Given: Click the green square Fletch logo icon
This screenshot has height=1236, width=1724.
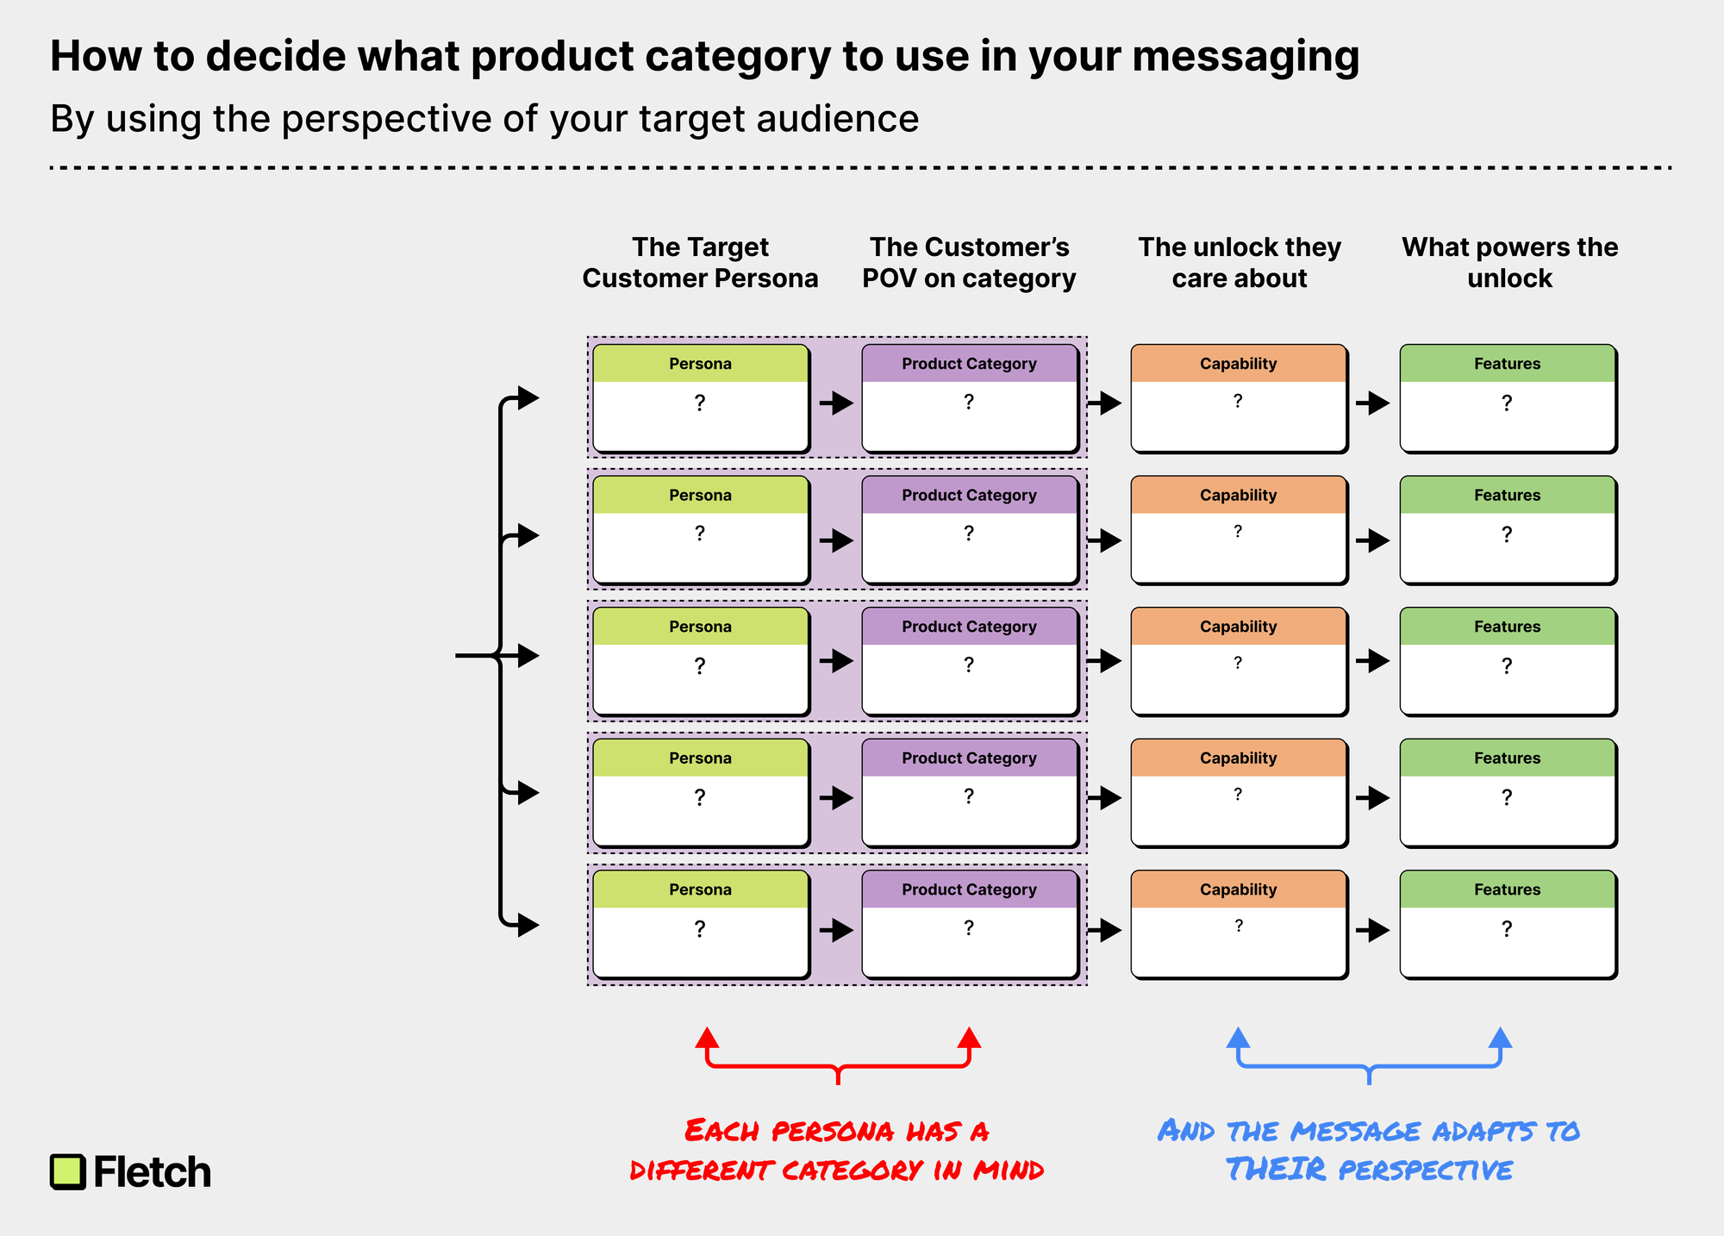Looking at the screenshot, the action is (68, 1171).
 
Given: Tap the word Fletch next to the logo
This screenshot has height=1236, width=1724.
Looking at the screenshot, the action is (153, 1172).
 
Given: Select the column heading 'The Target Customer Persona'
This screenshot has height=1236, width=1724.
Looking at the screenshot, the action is (700, 263).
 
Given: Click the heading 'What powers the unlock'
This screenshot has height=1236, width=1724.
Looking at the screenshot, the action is (1509, 263).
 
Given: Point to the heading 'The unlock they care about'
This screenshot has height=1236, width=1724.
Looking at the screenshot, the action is (1240, 263).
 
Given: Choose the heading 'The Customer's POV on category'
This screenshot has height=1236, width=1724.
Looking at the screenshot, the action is (969, 263).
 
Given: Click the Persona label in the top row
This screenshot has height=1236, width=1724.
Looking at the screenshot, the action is (700, 364).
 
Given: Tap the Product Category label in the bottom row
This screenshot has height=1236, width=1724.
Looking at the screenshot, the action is (969, 890).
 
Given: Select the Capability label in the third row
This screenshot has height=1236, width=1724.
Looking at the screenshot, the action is (1238, 627).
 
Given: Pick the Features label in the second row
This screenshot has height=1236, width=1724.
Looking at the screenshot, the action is (1507, 495).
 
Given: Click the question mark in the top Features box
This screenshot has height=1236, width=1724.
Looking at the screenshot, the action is (1507, 403).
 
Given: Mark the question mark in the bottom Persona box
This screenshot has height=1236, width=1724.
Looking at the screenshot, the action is (700, 929).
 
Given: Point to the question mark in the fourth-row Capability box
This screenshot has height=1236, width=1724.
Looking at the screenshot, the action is (1238, 794).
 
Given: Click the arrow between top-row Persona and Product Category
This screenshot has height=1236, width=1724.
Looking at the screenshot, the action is (836, 403).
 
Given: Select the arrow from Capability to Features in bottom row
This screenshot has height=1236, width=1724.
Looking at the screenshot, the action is (1373, 930).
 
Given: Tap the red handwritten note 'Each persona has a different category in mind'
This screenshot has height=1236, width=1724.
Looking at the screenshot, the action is (837, 1150).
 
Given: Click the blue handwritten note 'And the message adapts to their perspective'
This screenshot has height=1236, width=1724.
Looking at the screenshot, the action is (1369, 1150).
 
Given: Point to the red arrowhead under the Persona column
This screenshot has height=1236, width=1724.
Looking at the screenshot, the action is (707, 1037).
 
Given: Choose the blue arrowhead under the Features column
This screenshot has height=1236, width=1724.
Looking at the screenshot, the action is (1501, 1037).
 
